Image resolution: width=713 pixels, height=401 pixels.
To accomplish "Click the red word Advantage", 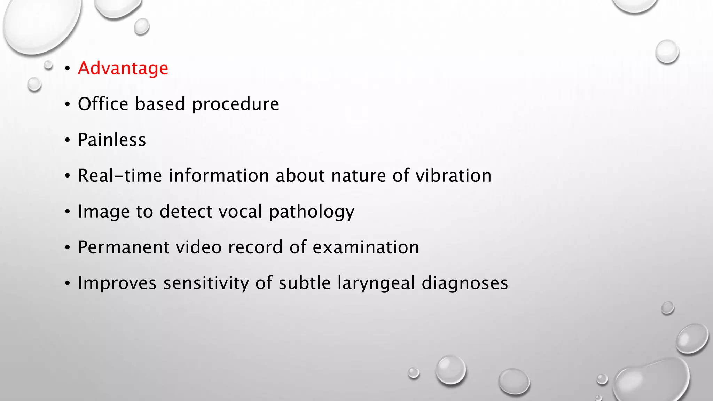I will point(123,68).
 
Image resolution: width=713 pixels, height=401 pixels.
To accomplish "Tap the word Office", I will point(103,104).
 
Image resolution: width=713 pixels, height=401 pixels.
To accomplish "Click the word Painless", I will point(112,140).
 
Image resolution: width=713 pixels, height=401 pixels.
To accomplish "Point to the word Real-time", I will point(120,175).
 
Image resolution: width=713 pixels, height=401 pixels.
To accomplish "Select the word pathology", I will point(312,212).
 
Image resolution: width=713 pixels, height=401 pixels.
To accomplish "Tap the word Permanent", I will point(123,247).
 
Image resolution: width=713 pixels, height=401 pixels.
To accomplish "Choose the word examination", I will point(366,247).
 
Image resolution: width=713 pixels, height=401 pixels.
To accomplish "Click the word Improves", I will point(117,283).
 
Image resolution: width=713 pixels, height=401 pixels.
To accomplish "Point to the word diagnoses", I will point(465,283).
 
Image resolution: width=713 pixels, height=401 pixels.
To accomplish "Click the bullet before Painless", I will point(68,140).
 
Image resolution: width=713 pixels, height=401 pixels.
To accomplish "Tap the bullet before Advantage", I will point(68,69).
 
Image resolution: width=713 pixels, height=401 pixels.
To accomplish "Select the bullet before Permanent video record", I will point(68,248).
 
